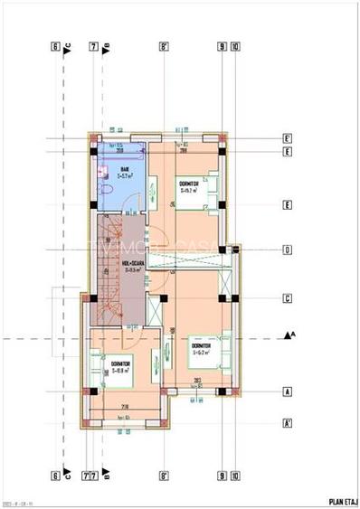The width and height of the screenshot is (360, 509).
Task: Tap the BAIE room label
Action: [124, 169]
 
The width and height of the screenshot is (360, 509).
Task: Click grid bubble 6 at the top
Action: [55, 46]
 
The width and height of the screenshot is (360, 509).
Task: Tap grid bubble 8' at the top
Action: [164, 46]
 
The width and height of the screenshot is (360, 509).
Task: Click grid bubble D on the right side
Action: [287, 250]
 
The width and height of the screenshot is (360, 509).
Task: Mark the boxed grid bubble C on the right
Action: [287, 297]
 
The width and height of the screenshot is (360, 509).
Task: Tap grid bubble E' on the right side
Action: [287, 138]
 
